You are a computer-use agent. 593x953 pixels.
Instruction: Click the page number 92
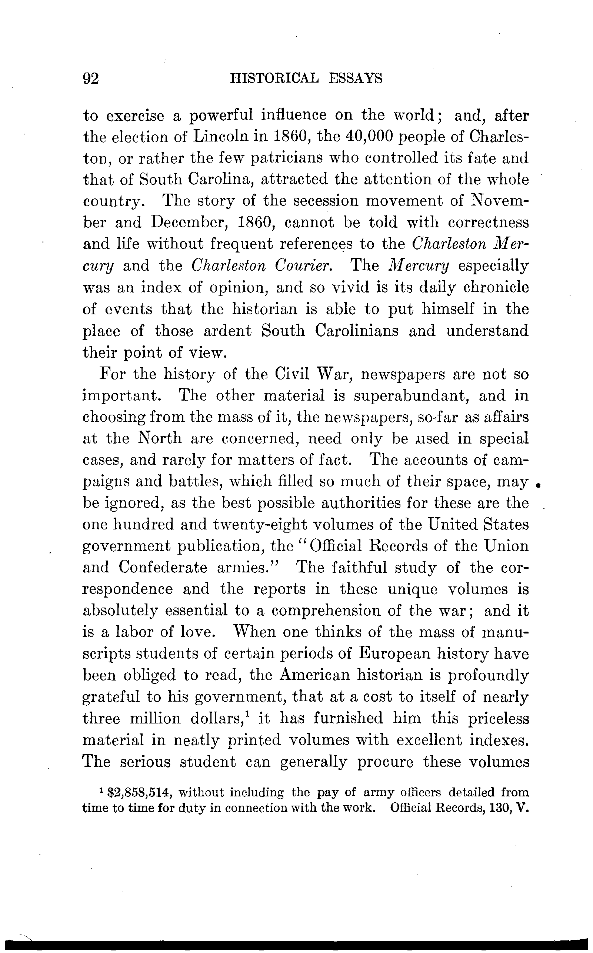coord(91,79)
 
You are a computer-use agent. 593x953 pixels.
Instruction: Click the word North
coord(160,438)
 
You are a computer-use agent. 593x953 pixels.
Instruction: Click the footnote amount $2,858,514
coord(140,793)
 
